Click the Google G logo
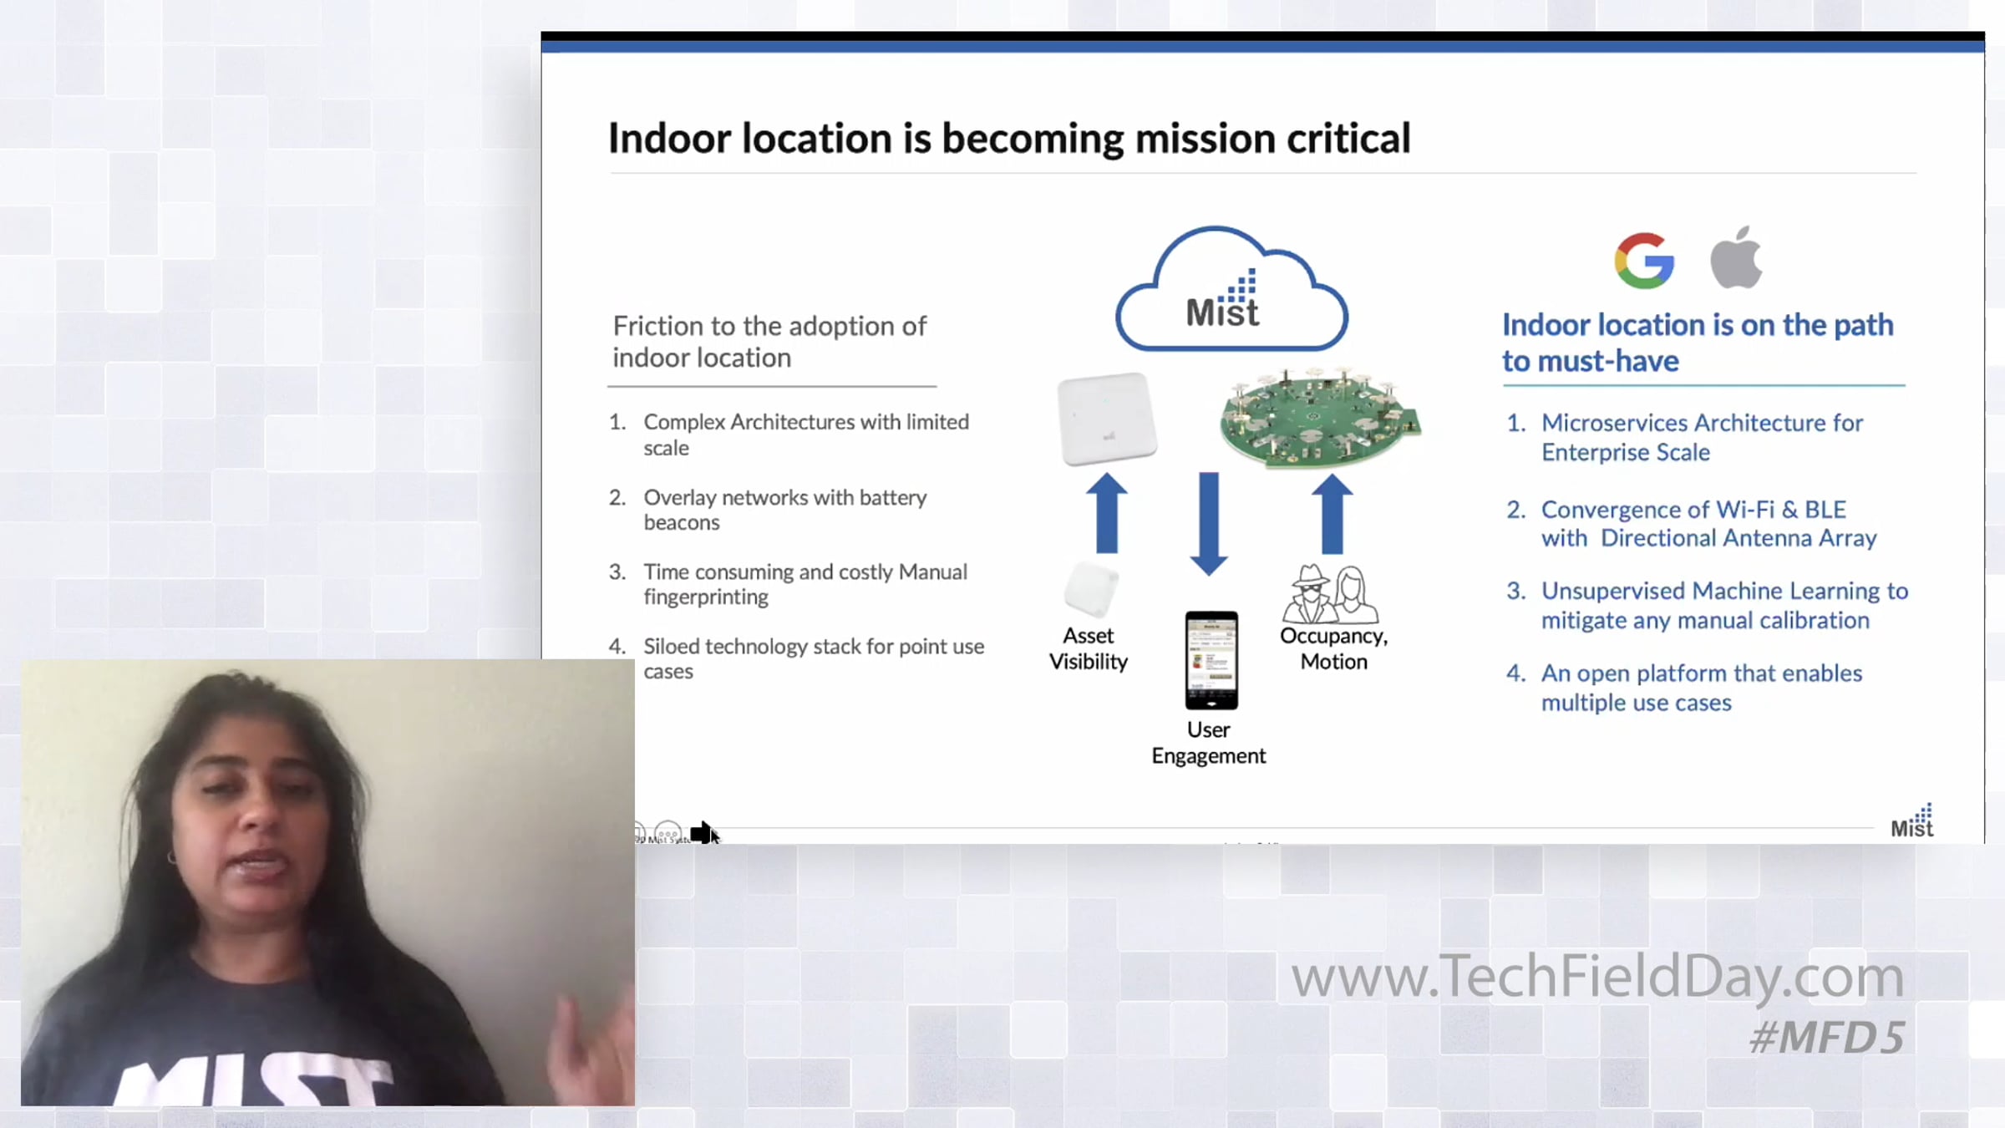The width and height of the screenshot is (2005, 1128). [x=1644, y=260]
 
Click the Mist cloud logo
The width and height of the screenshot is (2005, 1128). [x=1231, y=289]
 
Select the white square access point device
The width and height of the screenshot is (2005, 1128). [x=1107, y=418]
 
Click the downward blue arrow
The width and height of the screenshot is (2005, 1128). [x=1208, y=524]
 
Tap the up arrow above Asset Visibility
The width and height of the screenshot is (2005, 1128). [x=1107, y=513]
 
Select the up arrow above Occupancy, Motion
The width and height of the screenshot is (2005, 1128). [x=1332, y=514]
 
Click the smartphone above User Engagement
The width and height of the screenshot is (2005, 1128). [x=1211, y=660]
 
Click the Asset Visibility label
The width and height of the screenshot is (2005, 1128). [x=1089, y=648]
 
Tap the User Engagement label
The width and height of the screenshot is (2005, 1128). [x=1209, y=742]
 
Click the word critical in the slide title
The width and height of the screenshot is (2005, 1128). [x=1348, y=139]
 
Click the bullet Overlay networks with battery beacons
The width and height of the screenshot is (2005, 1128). [x=785, y=510]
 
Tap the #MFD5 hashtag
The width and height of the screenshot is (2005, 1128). [x=1827, y=1038]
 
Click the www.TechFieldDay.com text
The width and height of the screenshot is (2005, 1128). [x=1597, y=978]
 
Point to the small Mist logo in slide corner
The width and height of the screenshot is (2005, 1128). [x=1912, y=821]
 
